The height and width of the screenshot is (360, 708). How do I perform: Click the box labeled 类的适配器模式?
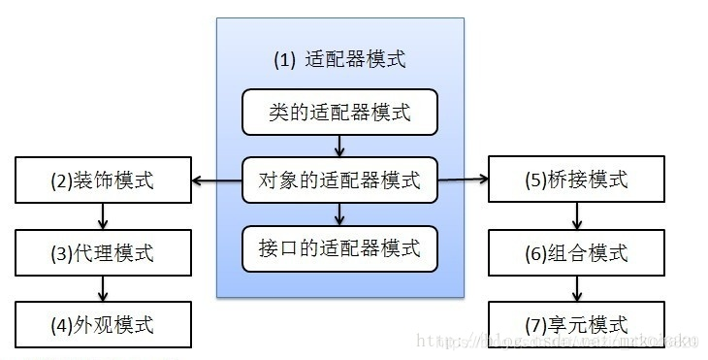339,114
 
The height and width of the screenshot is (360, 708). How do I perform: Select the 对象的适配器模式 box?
339,180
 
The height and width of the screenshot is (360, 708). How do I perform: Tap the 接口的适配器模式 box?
339,247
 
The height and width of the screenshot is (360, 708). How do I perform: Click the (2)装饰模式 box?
102,180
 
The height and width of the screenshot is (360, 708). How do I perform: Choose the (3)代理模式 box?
102,253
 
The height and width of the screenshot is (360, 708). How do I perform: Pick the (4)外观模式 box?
102,323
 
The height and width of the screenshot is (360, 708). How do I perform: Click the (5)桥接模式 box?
576,180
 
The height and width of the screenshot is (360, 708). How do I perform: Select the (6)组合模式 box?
576,253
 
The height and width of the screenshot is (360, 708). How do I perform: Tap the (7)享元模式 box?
576,323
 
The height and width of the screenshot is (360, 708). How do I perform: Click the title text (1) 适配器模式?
339,59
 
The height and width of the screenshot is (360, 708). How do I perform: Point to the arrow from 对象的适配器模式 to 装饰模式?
216,180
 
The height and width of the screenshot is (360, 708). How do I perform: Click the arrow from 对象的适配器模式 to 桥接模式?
463,180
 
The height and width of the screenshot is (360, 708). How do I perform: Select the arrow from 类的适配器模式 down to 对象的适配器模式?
339,147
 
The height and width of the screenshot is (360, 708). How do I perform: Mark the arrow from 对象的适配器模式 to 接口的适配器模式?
339,213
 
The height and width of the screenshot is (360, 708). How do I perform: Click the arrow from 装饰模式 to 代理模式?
102,216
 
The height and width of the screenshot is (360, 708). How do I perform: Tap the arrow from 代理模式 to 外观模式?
102,288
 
